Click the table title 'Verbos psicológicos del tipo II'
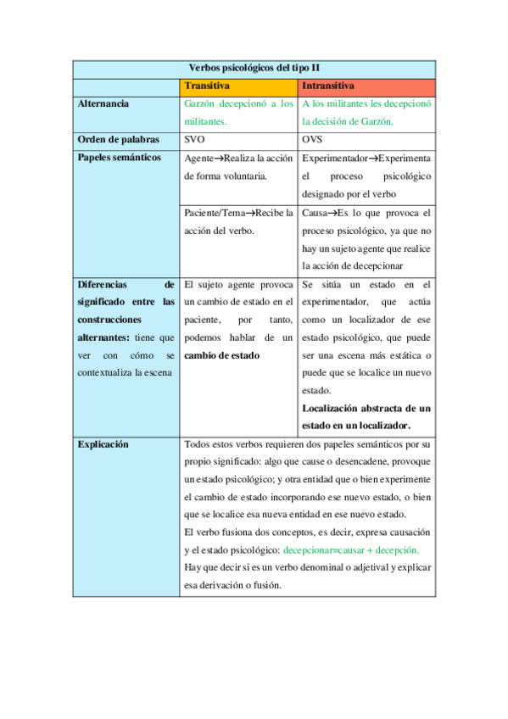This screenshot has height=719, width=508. (x=254, y=68)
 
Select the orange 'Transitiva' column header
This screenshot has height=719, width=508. (x=207, y=86)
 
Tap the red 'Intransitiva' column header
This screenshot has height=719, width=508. (x=328, y=86)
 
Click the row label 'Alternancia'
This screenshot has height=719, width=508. (x=103, y=103)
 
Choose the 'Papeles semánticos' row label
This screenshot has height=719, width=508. (x=119, y=158)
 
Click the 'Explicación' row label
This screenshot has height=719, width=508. (x=103, y=443)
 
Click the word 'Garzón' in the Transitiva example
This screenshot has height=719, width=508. (x=202, y=103)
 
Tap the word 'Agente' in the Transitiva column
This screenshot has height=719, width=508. (x=198, y=159)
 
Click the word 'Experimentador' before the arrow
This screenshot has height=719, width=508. (x=335, y=159)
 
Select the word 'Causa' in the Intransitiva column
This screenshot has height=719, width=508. (x=315, y=212)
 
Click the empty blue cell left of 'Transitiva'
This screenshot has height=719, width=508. (x=126, y=86)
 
